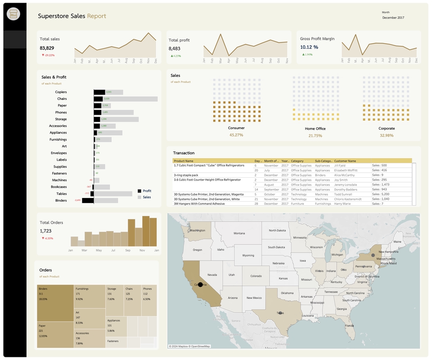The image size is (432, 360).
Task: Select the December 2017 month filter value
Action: pyautogui.click(x=393, y=18)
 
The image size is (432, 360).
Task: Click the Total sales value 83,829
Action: pyautogui.click(x=47, y=48)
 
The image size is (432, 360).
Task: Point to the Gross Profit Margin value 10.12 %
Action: pyautogui.click(x=309, y=47)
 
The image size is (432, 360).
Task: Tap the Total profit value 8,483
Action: pyautogui.click(x=175, y=49)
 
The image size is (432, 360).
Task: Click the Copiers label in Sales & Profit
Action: pyautogui.click(x=61, y=92)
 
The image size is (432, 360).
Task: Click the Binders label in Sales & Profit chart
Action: pyautogui.click(x=61, y=200)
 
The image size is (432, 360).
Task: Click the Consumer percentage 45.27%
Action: pyautogui.click(x=236, y=135)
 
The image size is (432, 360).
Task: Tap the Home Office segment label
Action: pyautogui.click(x=315, y=129)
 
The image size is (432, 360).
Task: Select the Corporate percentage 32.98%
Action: pyautogui.click(x=387, y=135)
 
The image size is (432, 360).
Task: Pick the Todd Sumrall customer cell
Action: pyautogui.click(x=340, y=194)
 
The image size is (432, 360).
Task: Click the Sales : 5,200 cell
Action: pyautogui.click(x=381, y=194)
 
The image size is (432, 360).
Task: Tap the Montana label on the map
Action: pyautogui.click(x=239, y=233)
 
